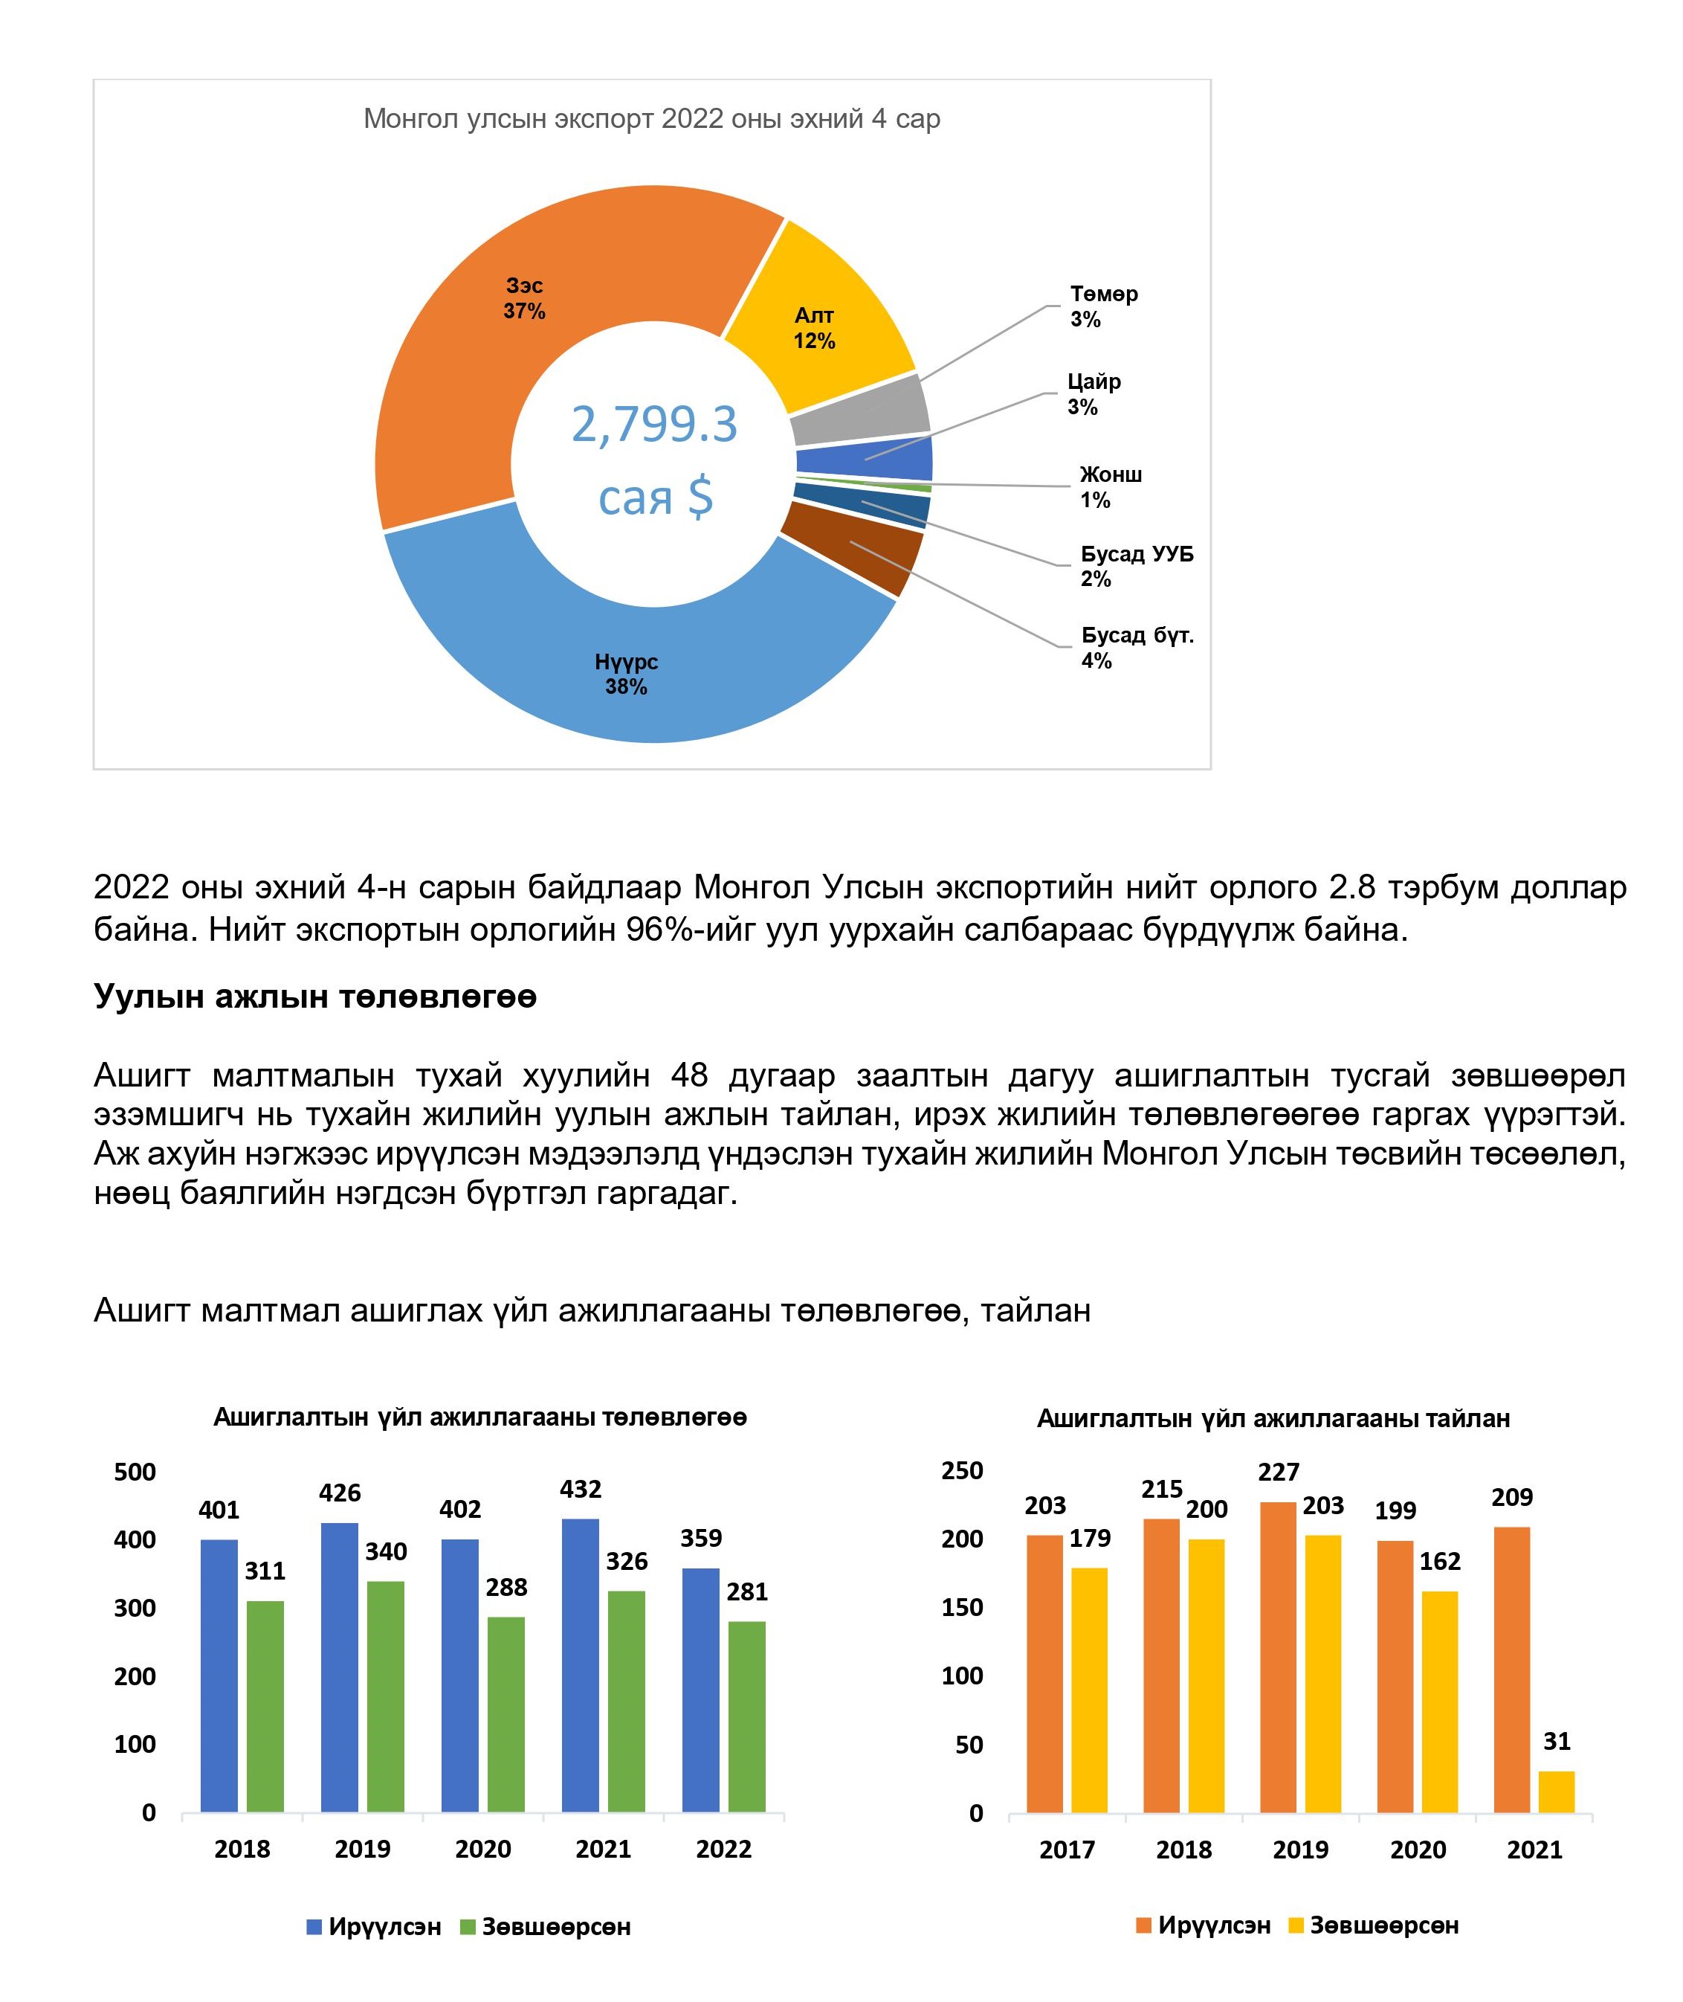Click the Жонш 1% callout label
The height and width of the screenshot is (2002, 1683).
click(x=1110, y=486)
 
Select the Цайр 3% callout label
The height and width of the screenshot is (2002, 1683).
click(x=1094, y=394)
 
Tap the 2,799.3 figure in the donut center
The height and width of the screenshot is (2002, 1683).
click(x=654, y=425)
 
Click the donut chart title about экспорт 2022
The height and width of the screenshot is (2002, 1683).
click(x=652, y=119)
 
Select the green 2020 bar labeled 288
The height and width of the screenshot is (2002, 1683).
click(x=505, y=1713)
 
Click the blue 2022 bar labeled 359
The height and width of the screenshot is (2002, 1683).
click(x=700, y=1690)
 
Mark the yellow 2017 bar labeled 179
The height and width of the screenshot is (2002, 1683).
click(x=1088, y=1689)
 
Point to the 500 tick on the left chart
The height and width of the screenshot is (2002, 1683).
click(x=135, y=1472)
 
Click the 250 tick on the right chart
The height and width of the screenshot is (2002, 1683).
click(x=962, y=1470)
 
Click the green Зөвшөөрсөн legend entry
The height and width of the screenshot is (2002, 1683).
click(x=545, y=1927)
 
